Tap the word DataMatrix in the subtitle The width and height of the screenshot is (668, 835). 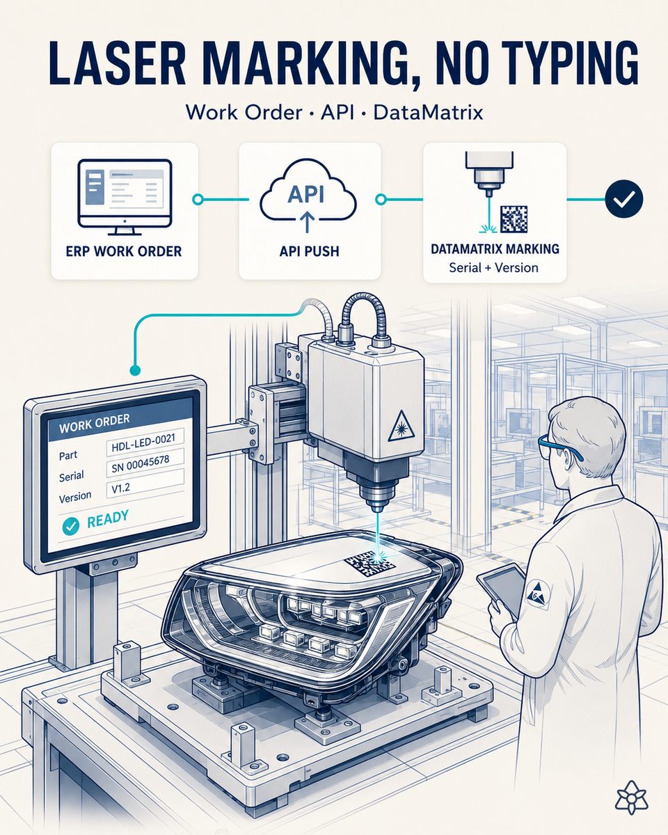[428, 113]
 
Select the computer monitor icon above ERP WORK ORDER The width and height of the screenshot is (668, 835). [125, 197]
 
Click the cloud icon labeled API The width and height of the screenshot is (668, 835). [308, 196]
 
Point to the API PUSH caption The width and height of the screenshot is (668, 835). [310, 251]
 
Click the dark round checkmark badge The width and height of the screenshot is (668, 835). [625, 199]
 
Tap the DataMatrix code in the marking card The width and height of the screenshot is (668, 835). [514, 219]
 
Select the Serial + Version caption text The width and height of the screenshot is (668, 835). [494, 268]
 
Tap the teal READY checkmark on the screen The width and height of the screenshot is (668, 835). [71, 525]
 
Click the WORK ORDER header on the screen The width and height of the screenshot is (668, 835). [95, 423]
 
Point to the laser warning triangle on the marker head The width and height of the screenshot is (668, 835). [401, 427]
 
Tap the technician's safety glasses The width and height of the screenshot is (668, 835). [559, 447]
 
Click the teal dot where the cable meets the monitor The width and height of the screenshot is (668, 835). [135, 370]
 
